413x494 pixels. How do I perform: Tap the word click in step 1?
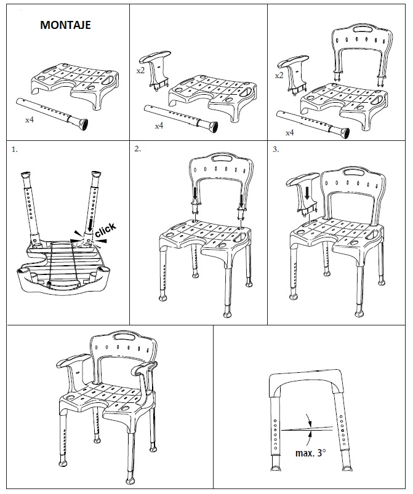coord(105,232)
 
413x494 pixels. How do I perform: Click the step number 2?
coord(137,149)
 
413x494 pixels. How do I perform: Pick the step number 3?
coord(275,149)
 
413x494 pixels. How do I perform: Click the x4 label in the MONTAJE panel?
coord(29,119)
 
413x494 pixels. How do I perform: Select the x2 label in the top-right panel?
coord(279,75)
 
